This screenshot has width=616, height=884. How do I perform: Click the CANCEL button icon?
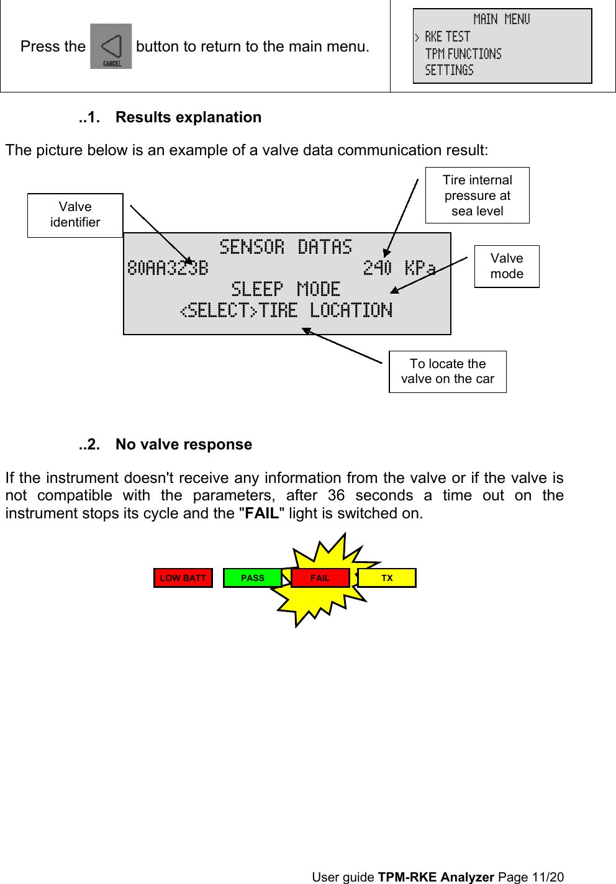click(111, 47)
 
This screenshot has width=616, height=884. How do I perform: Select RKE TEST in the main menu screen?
click(447, 37)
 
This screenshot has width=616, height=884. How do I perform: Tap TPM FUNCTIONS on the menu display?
click(463, 54)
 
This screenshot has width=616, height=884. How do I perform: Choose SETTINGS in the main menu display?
click(449, 70)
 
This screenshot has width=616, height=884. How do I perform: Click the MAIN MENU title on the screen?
click(502, 19)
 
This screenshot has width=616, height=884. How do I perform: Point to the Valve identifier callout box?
click(75, 215)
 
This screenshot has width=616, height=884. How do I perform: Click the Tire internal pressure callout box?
click(477, 195)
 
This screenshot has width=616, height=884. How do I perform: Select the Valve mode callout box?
click(507, 266)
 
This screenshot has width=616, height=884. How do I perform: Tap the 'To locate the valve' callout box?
click(447, 371)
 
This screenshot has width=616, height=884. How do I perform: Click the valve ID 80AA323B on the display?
click(168, 268)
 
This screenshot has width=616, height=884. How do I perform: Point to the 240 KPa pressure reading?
click(399, 268)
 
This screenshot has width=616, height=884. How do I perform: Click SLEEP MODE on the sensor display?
click(286, 289)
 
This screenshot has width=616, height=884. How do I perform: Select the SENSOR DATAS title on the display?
click(286, 247)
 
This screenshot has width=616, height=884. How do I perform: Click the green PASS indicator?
click(252, 578)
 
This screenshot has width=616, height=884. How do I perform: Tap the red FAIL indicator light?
click(320, 578)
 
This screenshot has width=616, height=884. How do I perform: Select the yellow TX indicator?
click(387, 578)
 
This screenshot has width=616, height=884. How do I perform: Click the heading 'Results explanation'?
click(188, 117)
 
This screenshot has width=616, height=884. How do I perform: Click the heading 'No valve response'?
click(183, 444)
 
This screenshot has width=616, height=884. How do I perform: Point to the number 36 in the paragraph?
click(336, 495)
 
